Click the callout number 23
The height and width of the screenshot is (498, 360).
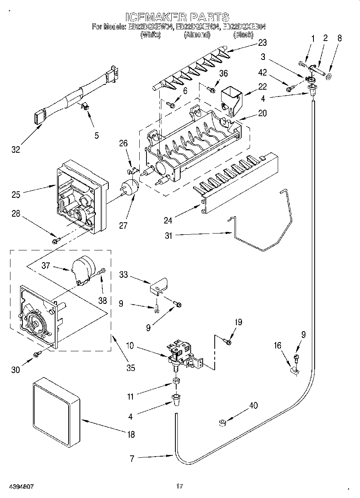pos(262,43)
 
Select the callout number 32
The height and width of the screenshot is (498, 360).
pos(16,150)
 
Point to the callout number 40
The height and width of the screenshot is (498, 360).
pos(253,406)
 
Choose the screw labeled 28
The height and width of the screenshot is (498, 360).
pos(55,240)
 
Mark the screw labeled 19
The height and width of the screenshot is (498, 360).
pos(228,342)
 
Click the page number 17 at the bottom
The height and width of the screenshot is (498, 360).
pos(179,487)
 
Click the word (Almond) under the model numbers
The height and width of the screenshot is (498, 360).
pos(197,35)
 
